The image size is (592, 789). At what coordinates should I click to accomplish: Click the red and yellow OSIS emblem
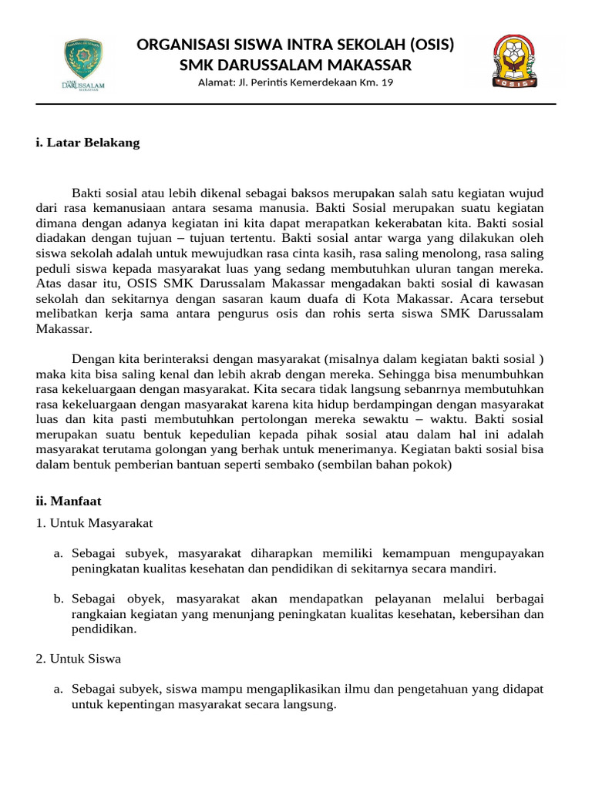[x=516, y=62]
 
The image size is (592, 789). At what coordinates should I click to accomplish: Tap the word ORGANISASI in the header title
[x=177, y=45]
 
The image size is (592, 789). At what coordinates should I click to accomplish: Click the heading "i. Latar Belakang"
[x=88, y=143]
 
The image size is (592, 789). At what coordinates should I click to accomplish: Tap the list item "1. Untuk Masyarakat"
[x=94, y=523]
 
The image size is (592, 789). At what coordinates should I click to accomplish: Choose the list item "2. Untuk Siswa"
[x=79, y=659]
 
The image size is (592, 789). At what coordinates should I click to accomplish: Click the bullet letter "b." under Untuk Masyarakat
[x=59, y=599]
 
